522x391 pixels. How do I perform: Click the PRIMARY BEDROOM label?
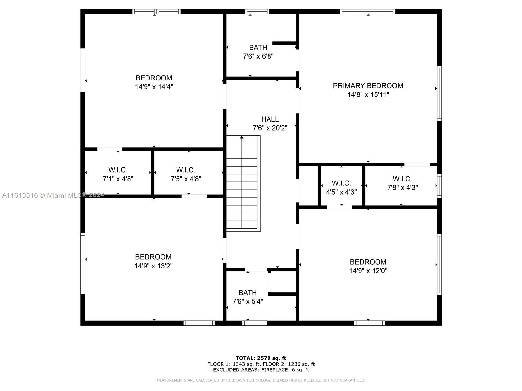pyautogui.click(x=368, y=86)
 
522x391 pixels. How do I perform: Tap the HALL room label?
pyautogui.click(x=270, y=119)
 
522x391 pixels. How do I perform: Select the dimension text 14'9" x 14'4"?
pyautogui.click(x=154, y=87)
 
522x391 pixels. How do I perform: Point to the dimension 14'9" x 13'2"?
pyautogui.click(x=153, y=266)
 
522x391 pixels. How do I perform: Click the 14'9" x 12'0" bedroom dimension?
pyautogui.click(x=368, y=271)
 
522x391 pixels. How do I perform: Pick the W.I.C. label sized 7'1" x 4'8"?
pyautogui.click(x=118, y=170)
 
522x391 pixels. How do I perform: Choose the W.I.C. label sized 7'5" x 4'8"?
pyautogui.click(x=186, y=170)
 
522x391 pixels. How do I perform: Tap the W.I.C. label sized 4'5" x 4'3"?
pyautogui.click(x=341, y=183)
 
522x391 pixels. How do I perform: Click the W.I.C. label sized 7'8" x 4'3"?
pyautogui.click(x=402, y=179)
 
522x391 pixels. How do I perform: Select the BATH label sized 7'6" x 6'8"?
pyautogui.click(x=258, y=48)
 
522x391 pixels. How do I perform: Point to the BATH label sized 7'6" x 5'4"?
pyautogui.click(x=248, y=293)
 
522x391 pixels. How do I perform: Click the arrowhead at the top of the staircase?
pyautogui.click(x=242, y=137)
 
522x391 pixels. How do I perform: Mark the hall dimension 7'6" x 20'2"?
pyautogui.click(x=270, y=128)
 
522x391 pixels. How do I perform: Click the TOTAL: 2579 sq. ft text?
pyautogui.click(x=261, y=358)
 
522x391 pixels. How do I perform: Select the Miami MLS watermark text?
pyautogui.click(x=53, y=195)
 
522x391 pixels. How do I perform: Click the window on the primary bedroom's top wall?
pyautogui.click(x=368, y=12)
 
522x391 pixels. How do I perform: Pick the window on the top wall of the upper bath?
pyautogui.click(x=257, y=12)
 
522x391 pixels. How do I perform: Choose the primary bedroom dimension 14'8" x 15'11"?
pyautogui.click(x=368, y=95)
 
